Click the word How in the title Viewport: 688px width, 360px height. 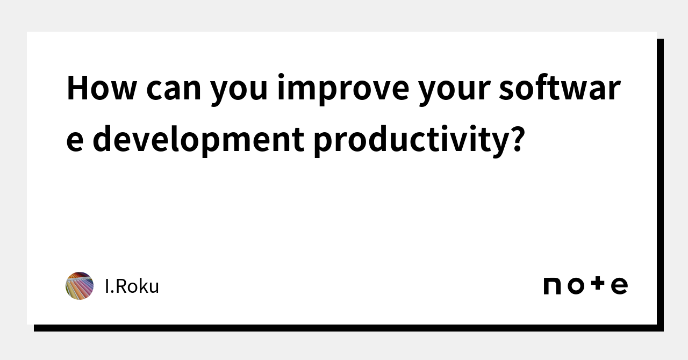(x=102, y=88)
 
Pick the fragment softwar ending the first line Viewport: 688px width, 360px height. (x=560, y=88)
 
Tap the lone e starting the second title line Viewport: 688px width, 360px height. (x=75, y=141)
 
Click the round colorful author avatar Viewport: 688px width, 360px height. (x=80, y=286)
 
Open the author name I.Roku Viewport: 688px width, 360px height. (x=132, y=286)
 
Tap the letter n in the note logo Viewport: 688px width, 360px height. (x=551, y=286)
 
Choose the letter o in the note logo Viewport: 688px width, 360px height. (x=575, y=286)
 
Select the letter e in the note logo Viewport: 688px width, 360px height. (x=619, y=286)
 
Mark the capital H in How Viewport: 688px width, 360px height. (x=78, y=88)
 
